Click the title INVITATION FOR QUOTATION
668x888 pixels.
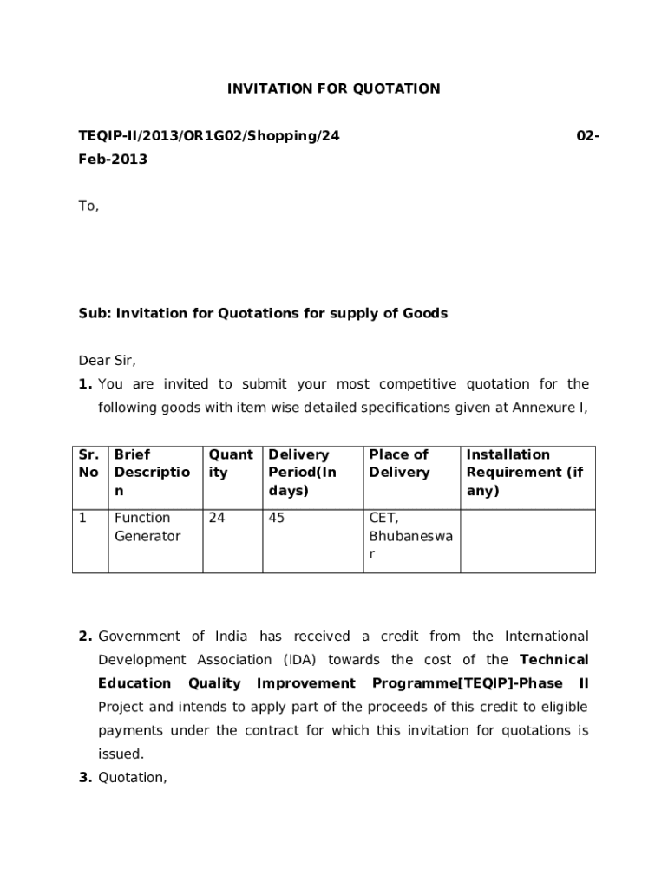click(x=333, y=88)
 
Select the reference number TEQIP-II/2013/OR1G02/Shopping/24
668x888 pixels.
click(x=209, y=135)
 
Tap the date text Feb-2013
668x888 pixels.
click(x=113, y=159)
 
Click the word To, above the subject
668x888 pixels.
click(x=89, y=206)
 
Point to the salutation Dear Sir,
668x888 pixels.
click(x=108, y=360)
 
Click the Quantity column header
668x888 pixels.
click(x=230, y=464)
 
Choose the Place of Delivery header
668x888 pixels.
click(x=399, y=464)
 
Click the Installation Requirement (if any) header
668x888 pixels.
click(x=524, y=473)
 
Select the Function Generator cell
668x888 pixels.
click(x=147, y=527)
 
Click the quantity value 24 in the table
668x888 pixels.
click(x=216, y=519)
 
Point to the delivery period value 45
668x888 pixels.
click(x=277, y=519)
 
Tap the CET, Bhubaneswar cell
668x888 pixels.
click(x=410, y=536)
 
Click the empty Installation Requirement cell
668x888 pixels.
click(x=527, y=541)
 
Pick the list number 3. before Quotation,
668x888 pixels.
click(x=85, y=778)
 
